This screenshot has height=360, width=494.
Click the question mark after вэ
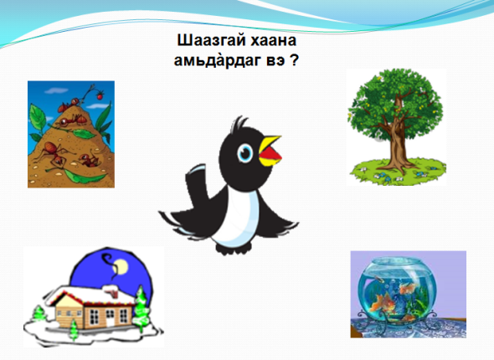click(x=294, y=59)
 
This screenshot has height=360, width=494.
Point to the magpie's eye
click(x=244, y=153)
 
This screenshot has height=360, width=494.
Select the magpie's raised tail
click(x=197, y=183)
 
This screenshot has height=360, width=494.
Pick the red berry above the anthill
click(x=100, y=95)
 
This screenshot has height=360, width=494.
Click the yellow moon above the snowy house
click(x=121, y=267)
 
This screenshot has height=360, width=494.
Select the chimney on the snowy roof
click(x=111, y=291)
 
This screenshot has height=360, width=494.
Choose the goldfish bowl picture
click(x=409, y=294)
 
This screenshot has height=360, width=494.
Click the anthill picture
click(x=71, y=134)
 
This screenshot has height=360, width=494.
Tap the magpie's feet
click(x=233, y=248)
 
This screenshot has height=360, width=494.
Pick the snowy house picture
click(x=93, y=296)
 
